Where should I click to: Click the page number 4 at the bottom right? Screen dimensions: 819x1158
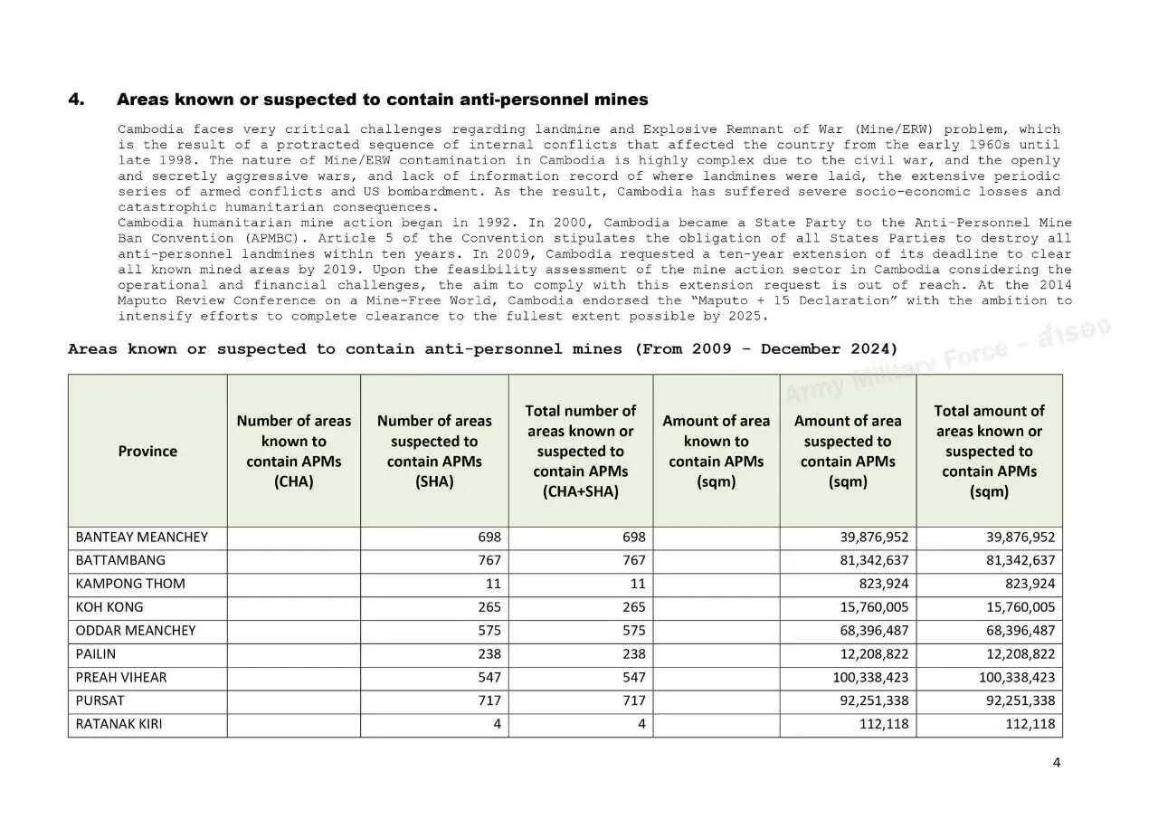(x=1056, y=762)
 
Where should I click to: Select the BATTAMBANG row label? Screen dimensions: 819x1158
(x=120, y=560)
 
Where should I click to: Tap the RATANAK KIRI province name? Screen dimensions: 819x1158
(x=119, y=724)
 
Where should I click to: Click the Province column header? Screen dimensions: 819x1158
(x=147, y=451)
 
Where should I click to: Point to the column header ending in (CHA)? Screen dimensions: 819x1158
(x=293, y=451)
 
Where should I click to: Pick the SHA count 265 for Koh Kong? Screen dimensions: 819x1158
(x=489, y=607)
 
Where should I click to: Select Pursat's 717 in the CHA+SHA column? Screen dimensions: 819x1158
(x=634, y=700)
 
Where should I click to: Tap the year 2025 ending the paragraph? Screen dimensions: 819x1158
(x=749, y=316)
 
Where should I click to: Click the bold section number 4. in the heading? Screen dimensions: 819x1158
(x=77, y=100)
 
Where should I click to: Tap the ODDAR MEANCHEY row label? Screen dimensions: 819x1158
(x=135, y=631)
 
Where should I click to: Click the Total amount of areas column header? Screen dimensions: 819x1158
(x=989, y=451)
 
